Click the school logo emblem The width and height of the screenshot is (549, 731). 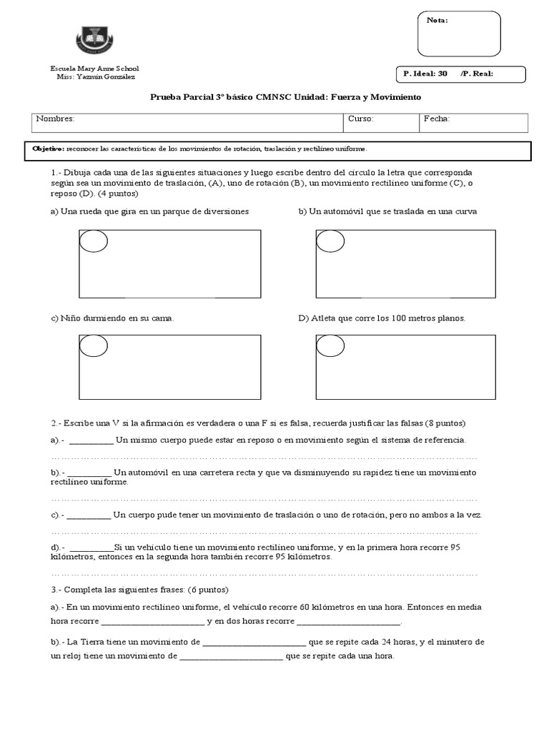tap(94, 40)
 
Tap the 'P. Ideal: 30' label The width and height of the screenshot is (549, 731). tap(425, 74)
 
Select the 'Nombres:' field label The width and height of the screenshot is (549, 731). tap(55, 119)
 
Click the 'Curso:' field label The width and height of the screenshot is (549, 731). tap(360, 119)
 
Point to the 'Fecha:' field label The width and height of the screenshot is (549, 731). tap(436, 119)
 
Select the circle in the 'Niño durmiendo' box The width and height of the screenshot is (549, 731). tap(93, 346)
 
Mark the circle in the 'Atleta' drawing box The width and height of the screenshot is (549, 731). tap(330, 346)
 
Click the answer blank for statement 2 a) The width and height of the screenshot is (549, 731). tap(91, 441)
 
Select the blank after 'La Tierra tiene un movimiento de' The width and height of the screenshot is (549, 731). tap(254, 642)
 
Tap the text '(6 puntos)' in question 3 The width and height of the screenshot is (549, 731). tap(208, 590)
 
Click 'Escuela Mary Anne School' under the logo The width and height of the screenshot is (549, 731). tap(94, 69)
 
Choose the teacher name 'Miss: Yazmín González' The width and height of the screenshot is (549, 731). tap(95, 76)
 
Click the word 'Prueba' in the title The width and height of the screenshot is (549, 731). tap(167, 96)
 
